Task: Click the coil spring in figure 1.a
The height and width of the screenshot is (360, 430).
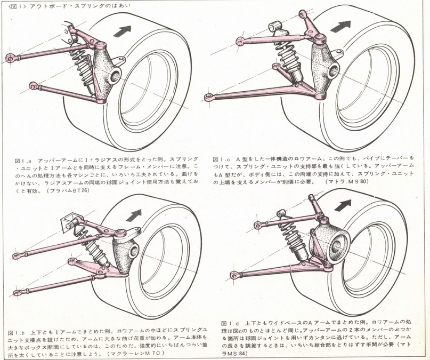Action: (x=83, y=65)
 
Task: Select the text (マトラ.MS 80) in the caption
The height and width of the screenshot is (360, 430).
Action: (x=350, y=182)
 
